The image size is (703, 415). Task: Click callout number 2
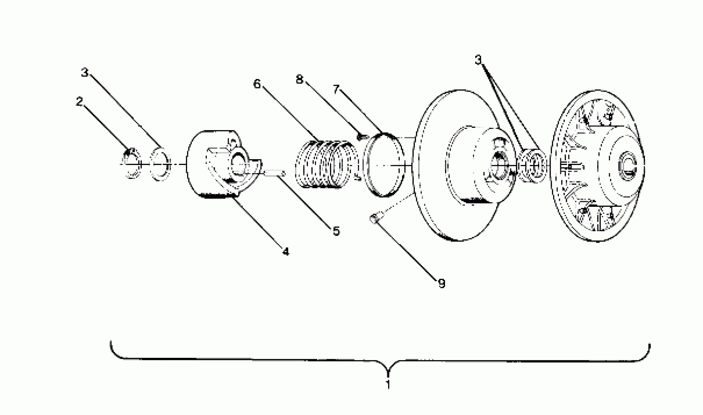click(79, 101)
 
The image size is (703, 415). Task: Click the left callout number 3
click(85, 73)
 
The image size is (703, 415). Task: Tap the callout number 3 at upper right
click(478, 60)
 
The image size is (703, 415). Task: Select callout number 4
click(286, 252)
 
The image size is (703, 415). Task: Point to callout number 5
click(336, 231)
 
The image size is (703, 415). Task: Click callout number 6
click(257, 84)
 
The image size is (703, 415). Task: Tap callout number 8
click(299, 80)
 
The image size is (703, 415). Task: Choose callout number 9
click(441, 284)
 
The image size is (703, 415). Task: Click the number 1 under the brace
click(388, 384)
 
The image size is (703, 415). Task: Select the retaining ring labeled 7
click(384, 165)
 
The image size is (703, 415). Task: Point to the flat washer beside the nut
click(160, 165)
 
